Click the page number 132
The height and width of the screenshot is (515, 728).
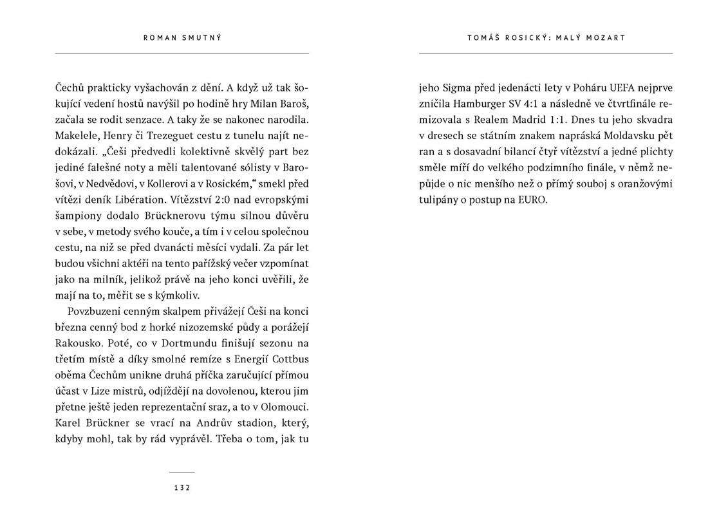182,488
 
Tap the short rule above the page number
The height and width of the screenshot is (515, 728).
182,473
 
